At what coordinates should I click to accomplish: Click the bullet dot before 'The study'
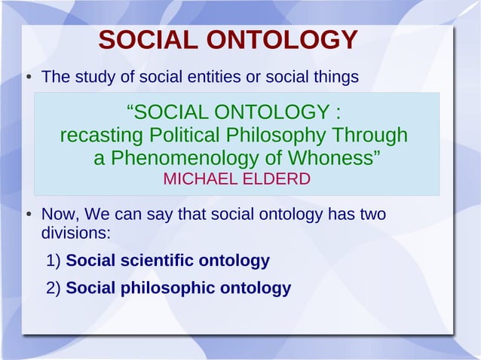point(26,78)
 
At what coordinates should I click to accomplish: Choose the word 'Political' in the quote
point(185,136)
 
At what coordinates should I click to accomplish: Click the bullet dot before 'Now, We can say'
point(26,215)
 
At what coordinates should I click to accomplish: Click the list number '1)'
point(54,261)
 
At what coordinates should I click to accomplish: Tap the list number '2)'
point(54,288)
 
